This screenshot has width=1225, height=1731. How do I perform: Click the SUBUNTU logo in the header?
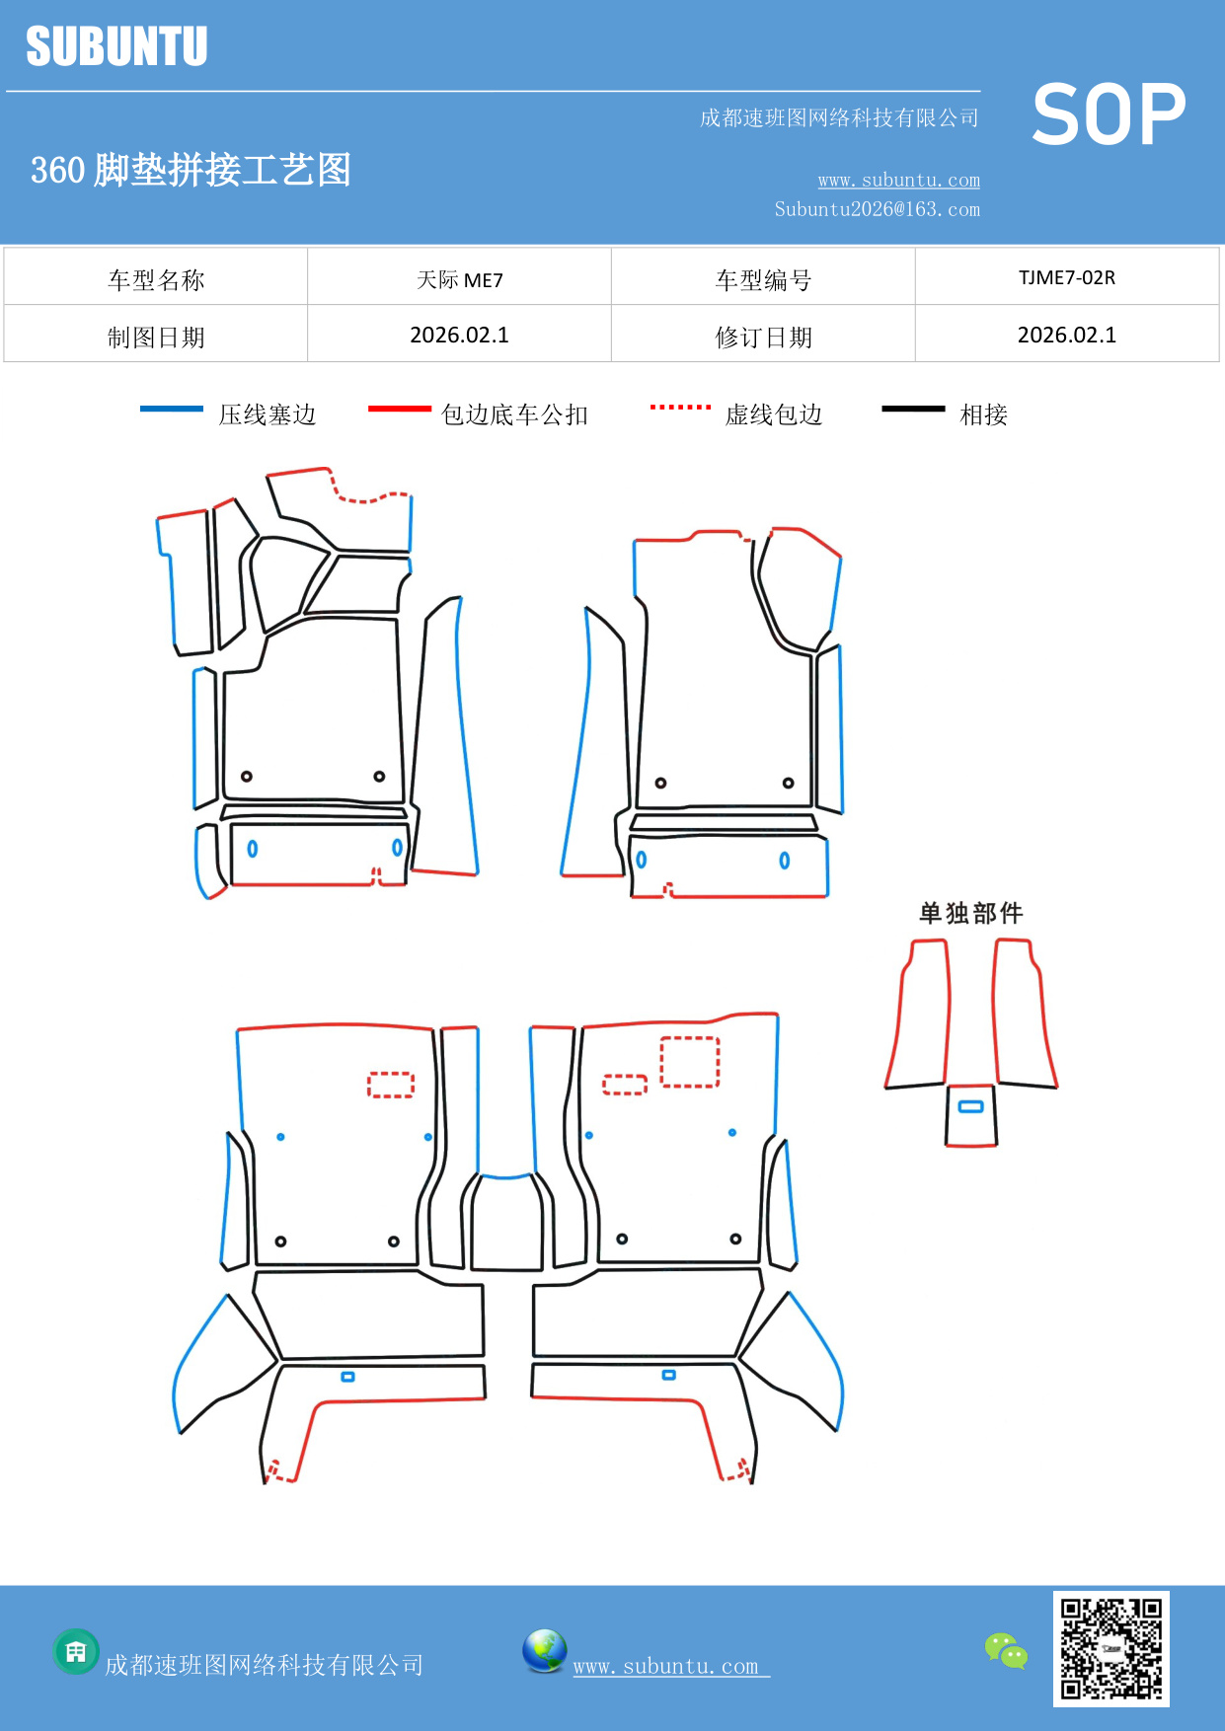pos(116,46)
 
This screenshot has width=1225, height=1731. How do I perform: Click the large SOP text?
pos(1108,114)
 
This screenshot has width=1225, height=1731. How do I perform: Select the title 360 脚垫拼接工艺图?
pos(191,170)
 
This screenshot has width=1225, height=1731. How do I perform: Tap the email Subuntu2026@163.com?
pos(877,209)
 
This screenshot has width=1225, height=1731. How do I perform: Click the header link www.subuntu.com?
pos(898,180)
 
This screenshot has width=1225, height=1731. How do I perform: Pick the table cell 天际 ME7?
pos(459,279)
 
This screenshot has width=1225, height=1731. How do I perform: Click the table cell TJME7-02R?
pos(1066,277)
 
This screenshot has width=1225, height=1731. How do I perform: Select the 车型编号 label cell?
pos(763,280)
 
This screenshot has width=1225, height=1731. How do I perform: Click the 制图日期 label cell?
pos(156,338)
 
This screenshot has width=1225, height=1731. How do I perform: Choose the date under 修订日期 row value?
pos(1066,336)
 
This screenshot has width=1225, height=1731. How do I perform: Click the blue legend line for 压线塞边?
pos(172,409)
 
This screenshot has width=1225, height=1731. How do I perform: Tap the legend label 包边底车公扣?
pos(514,414)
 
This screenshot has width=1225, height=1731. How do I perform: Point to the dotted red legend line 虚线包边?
pos(680,407)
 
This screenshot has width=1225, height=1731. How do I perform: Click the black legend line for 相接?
pos(913,409)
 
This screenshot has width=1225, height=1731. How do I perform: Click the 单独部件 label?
pos(970,913)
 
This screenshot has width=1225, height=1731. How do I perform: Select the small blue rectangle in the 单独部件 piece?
pos(971,1106)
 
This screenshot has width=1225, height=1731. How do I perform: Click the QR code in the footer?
pos(1110,1649)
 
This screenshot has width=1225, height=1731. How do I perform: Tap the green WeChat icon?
pos(1006,1651)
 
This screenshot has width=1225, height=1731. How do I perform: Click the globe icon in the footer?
pos(544,1651)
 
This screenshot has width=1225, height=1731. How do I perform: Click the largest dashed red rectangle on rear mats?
pos(689,1062)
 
